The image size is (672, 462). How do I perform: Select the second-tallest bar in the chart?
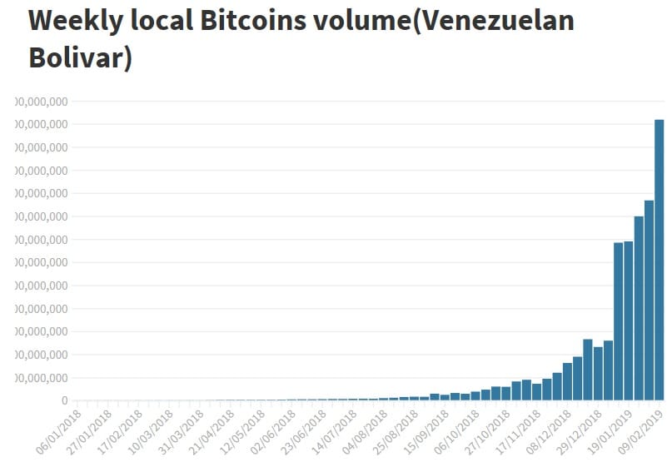pyautogui.click(x=649, y=300)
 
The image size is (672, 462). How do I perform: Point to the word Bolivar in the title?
pyautogui.click(x=80, y=58)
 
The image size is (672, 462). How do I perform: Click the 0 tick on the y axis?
pyautogui.click(x=63, y=401)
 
